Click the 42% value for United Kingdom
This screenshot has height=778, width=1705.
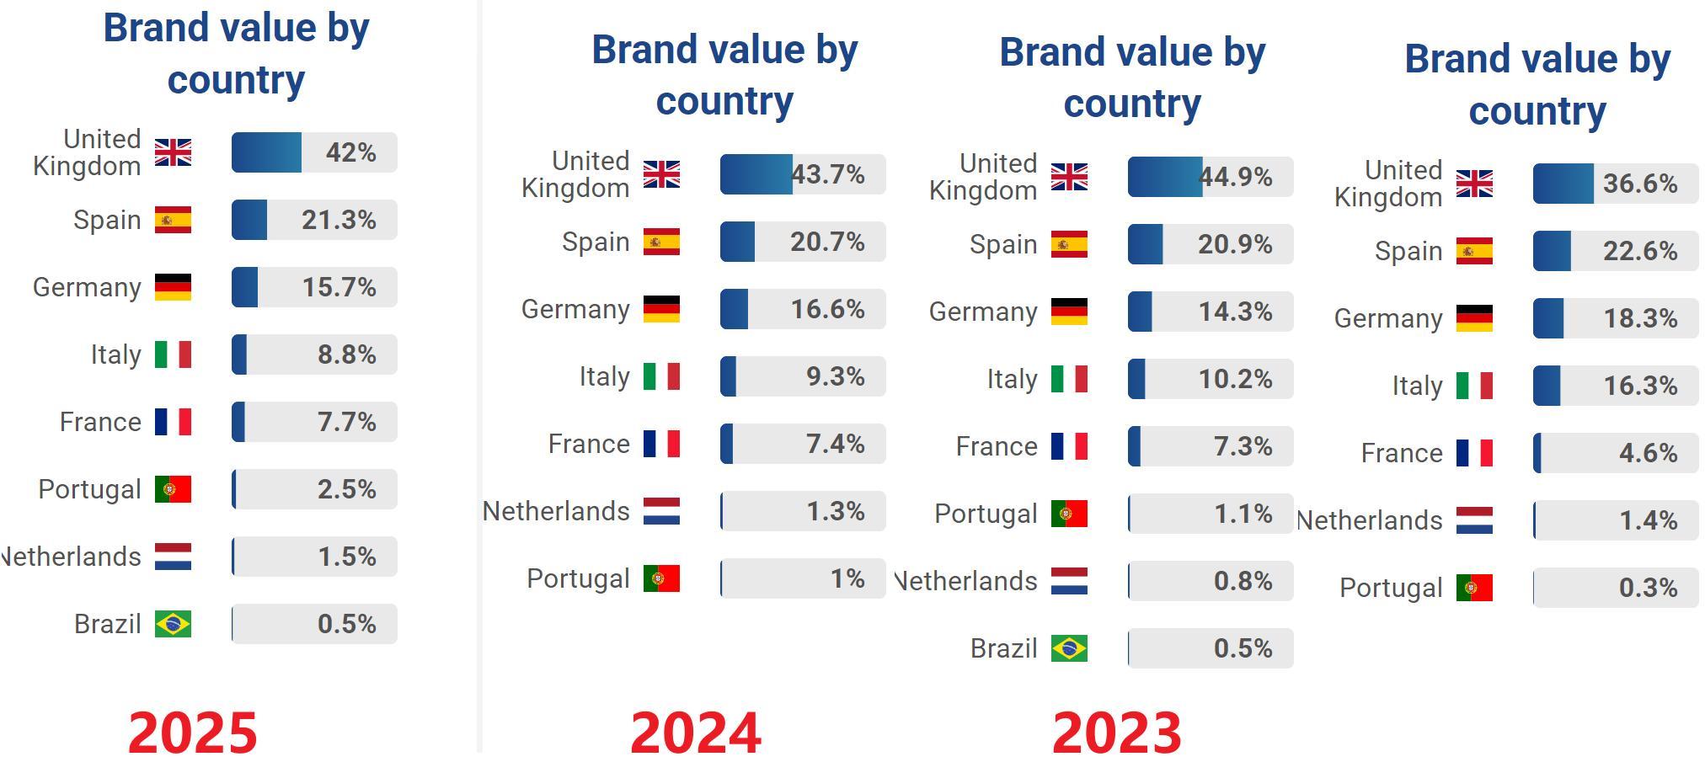(350, 152)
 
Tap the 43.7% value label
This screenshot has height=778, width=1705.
(828, 174)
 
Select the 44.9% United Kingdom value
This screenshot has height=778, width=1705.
(1236, 177)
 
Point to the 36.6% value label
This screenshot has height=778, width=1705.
(1640, 184)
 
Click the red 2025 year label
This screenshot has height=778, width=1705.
(193, 733)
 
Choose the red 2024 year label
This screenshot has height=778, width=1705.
(696, 733)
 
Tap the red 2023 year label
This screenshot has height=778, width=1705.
(1117, 733)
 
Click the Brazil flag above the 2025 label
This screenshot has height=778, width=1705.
(173, 624)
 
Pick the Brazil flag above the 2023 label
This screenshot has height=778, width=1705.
(1069, 648)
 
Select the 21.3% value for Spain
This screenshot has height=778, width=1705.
(339, 220)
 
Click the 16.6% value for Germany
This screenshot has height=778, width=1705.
(827, 309)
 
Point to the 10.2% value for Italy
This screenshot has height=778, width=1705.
(1235, 379)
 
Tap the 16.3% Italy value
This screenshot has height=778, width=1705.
(1640, 386)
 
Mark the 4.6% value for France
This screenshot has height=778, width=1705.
(1648, 453)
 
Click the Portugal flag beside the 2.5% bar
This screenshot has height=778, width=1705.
(173, 489)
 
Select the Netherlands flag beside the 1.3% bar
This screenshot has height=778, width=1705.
(661, 511)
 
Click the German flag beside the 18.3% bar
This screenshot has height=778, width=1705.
(1474, 318)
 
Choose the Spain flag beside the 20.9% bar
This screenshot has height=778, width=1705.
(1069, 244)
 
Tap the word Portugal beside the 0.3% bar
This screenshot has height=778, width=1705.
(1391, 588)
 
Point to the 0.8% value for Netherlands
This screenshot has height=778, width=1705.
(1243, 581)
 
